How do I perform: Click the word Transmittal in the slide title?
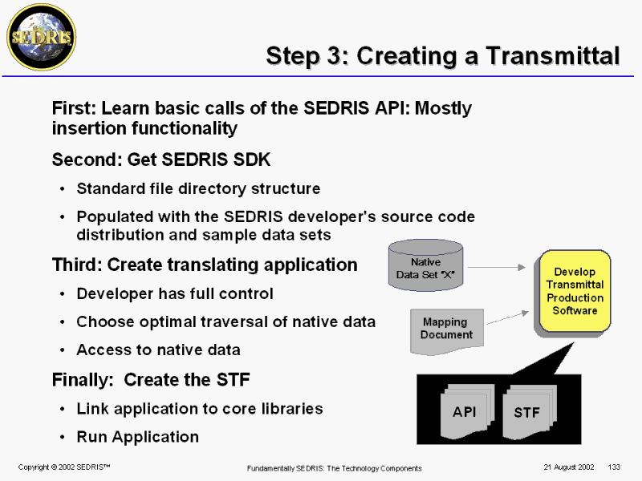pos(547,55)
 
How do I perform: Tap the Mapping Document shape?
pos(446,329)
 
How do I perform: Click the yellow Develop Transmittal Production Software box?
pos(575,291)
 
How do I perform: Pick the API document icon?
pos(464,411)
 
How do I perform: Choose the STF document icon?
pos(526,412)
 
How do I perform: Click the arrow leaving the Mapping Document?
pos(506,318)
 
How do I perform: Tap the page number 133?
pos(616,467)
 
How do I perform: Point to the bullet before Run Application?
pos(63,438)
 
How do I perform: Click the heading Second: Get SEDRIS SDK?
pos(161,160)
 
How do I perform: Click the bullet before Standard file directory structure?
pos(63,189)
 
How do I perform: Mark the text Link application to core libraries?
pos(199,408)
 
